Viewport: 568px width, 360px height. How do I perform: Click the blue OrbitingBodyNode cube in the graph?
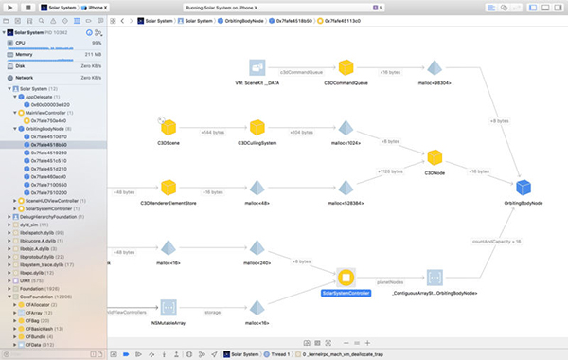pyautogui.click(x=523, y=187)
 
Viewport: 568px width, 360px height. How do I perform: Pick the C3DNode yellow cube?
pyautogui.click(x=435, y=157)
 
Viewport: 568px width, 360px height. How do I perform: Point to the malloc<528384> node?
pyautogui.click(x=346, y=188)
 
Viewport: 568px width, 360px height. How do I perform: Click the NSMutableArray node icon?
pyautogui.click(x=169, y=308)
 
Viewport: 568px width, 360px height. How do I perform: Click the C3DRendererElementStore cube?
pyautogui.click(x=169, y=188)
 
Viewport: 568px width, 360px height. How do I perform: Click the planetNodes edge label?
pyautogui.click(x=390, y=281)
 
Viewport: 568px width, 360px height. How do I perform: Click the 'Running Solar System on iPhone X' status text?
pyautogui.click(x=283, y=7)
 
